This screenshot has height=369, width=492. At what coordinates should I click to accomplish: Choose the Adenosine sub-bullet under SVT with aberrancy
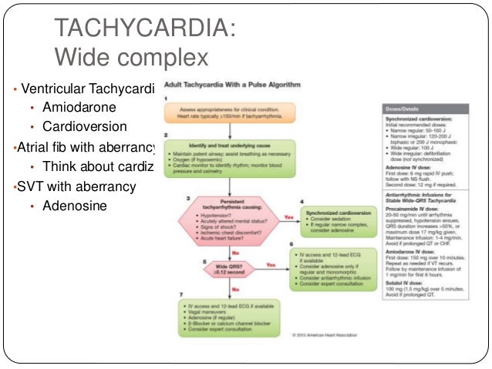click(x=76, y=206)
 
